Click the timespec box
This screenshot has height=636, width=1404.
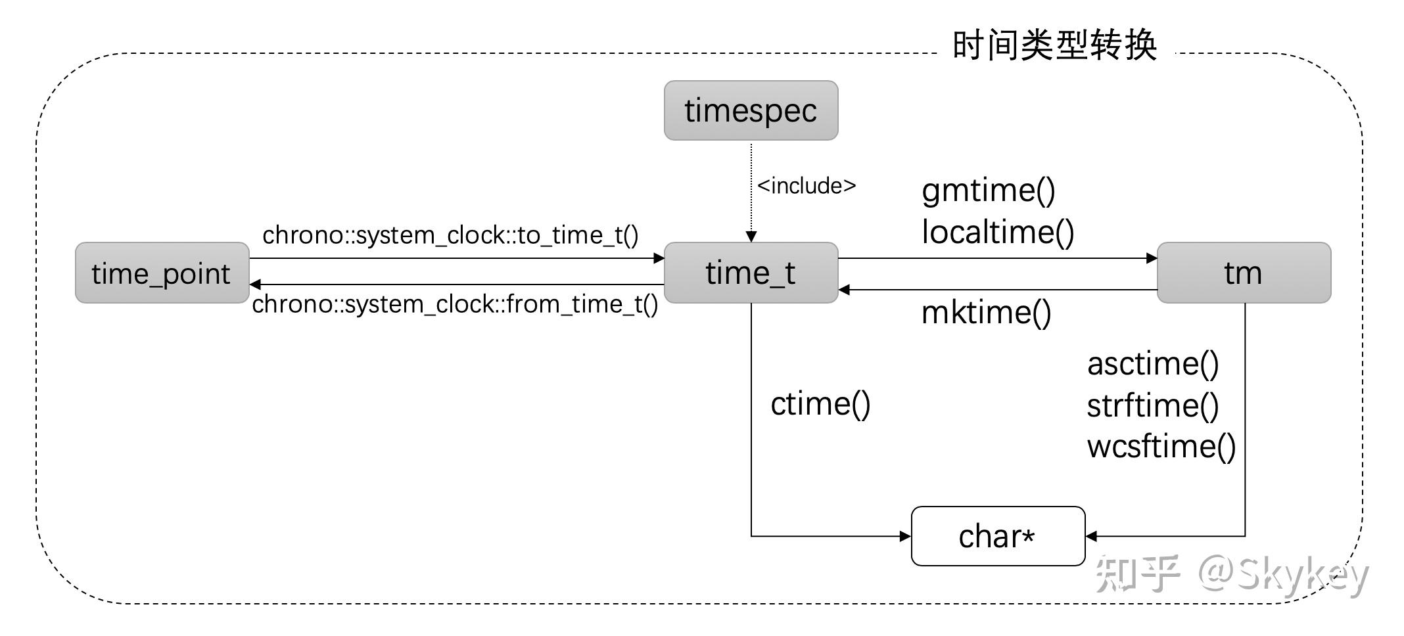click(x=751, y=110)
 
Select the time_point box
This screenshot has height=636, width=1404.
click(x=162, y=273)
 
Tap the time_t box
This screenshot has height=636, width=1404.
click(x=751, y=273)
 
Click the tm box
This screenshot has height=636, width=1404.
click(x=1243, y=273)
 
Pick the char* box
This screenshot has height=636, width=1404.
click(x=997, y=536)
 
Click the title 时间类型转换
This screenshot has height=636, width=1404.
click(x=1054, y=46)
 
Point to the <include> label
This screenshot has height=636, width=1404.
click(x=807, y=186)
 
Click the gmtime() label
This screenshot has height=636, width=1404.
click(x=988, y=191)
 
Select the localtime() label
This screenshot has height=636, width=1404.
click(x=998, y=232)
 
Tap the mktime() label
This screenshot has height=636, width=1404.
click(x=986, y=313)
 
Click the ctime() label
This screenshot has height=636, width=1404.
click(x=820, y=403)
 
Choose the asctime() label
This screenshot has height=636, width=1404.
click(x=1153, y=364)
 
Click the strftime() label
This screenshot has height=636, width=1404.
click(x=1153, y=405)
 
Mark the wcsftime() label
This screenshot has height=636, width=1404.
click(x=1161, y=447)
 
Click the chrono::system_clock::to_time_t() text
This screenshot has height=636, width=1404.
click(x=450, y=235)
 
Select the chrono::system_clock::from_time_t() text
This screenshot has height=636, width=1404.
click(x=455, y=304)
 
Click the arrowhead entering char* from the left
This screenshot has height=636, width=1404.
click(x=905, y=536)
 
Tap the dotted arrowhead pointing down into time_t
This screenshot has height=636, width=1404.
click(x=751, y=237)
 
